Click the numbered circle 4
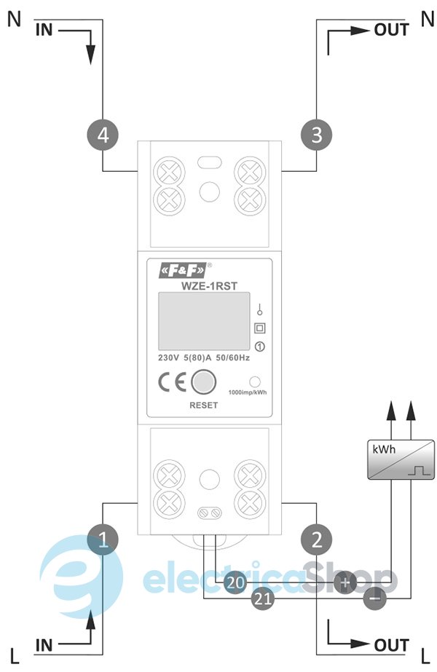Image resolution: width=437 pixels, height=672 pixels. [103, 135]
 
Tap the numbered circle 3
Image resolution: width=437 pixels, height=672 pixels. [316, 135]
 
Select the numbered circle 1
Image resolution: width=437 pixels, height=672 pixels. [103, 539]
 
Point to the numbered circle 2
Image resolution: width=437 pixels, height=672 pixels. [316, 539]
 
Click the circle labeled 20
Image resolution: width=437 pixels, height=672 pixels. [235, 582]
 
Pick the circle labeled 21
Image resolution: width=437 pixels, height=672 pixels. [263, 599]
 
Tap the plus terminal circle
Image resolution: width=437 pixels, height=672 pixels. [345, 582]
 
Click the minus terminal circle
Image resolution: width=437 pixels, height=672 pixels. [374, 599]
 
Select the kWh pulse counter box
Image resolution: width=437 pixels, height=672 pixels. [398, 460]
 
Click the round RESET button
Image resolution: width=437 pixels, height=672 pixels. [203, 382]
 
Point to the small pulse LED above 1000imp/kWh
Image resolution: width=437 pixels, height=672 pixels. [256, 382]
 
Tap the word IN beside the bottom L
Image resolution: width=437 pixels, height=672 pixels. [44, 645]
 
